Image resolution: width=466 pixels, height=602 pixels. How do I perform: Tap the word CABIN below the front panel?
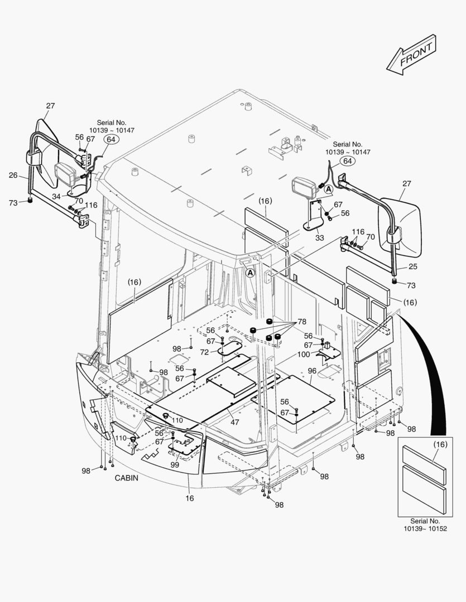127,478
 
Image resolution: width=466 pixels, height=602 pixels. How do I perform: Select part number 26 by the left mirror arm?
13,175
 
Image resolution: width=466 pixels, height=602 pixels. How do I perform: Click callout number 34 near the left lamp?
56,196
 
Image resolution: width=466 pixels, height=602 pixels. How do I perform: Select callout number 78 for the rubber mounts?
302,322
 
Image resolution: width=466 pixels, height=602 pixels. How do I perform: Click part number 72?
204,352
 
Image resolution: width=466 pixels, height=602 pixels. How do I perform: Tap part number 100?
303,355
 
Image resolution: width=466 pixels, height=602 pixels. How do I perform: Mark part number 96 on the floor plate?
312,371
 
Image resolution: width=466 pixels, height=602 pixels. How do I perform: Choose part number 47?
235,422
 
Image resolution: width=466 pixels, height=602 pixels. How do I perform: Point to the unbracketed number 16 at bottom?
190,498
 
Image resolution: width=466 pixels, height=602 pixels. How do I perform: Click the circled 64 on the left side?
111,139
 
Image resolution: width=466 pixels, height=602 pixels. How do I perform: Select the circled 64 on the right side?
348,161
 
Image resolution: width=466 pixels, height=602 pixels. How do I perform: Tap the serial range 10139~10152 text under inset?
425,528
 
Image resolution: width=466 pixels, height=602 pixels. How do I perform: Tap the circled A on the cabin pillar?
251,273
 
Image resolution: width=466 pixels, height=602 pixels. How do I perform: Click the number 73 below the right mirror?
411,285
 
